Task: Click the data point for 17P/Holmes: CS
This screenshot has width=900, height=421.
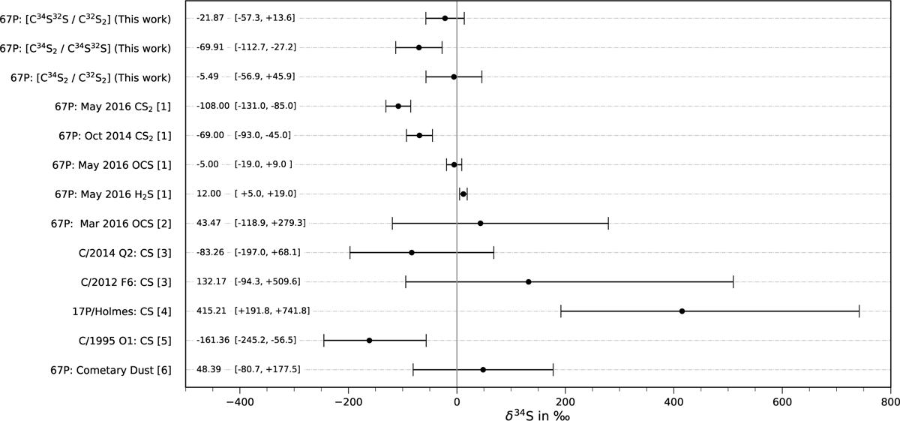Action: pos(682,311)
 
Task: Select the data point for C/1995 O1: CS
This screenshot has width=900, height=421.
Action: pos(369,340)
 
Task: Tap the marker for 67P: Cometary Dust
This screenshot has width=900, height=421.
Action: pos(483,369)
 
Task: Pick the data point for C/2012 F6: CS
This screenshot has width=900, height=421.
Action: pos(529,281)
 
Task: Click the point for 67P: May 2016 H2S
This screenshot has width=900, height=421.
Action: pos(463,194)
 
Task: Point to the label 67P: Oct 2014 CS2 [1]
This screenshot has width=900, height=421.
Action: pos(115,135)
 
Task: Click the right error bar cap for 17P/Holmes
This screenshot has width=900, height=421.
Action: pos(859,311)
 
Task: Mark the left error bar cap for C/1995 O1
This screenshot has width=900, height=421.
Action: pos(324,340)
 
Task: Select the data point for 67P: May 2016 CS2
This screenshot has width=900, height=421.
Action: pos(398,106)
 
